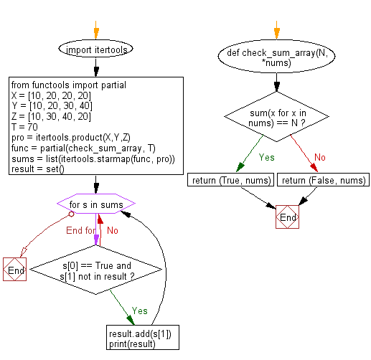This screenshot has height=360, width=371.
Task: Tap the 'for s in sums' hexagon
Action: (95, 205)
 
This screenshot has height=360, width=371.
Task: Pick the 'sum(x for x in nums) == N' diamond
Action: (276, 115)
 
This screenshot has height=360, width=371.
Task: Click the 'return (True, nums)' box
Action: (230, 180)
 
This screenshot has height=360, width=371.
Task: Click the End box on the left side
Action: (15, 270)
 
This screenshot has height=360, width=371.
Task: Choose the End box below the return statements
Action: (287, 217)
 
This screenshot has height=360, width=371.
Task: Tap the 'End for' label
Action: (79, 230)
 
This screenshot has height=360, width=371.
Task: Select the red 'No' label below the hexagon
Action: (113, 230)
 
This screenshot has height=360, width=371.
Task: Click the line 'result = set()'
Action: (37, 168)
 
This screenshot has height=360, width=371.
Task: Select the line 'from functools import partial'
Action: (68, 85)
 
